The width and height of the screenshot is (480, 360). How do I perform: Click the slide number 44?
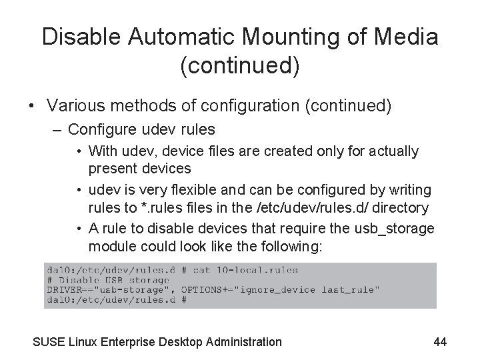click(439, 342)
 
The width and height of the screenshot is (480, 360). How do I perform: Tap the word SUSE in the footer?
click(49, 342)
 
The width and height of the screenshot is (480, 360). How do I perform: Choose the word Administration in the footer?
click(242, 342)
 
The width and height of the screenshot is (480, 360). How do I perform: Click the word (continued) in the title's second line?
click(240, 66)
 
